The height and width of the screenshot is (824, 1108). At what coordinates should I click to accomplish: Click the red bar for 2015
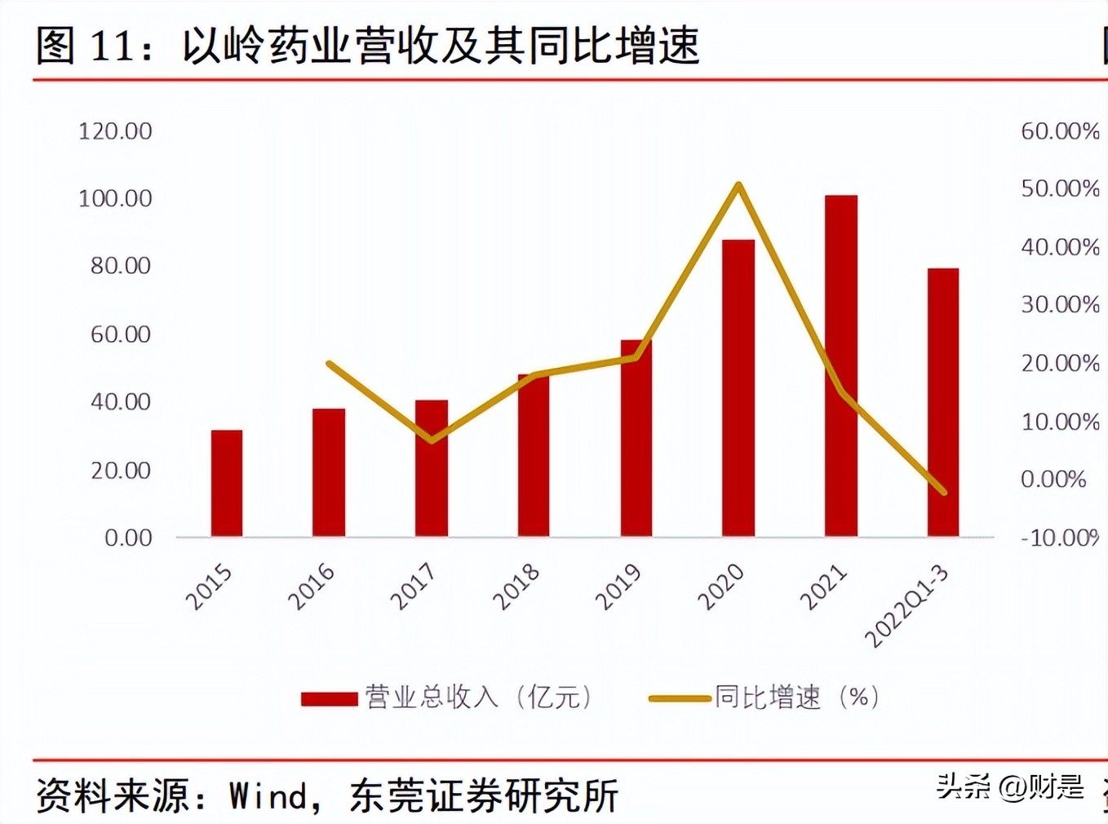point(227,483)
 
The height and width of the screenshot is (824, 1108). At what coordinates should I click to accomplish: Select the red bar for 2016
point(329,472)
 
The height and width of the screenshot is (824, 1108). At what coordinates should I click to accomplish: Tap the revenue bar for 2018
point(534,455)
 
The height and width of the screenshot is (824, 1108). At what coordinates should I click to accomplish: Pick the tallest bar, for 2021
point(840,365)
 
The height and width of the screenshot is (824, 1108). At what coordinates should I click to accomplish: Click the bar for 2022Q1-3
point(943,402)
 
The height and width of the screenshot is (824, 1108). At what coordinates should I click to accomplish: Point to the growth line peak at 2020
point(738,185)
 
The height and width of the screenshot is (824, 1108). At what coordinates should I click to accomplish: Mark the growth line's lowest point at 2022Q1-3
point(943,492)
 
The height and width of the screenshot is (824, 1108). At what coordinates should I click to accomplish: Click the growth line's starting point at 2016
point(329,363)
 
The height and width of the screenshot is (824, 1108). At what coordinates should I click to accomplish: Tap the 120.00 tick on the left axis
point(115,131)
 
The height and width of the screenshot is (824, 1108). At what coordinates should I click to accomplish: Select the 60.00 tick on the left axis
point(121,334)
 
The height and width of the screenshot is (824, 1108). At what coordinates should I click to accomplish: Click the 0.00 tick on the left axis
point(128,538)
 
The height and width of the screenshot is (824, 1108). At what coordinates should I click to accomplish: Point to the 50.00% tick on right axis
point(1060,188)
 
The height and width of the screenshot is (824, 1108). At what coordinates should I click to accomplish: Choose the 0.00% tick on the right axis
point(1053,479)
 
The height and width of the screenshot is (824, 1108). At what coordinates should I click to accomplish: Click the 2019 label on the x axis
point(618,587)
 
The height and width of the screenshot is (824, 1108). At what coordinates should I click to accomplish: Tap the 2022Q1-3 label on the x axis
point(906,606)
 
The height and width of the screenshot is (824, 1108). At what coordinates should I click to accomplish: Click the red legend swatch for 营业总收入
point(329,698)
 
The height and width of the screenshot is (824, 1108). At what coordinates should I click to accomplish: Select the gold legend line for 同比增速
point(679,698)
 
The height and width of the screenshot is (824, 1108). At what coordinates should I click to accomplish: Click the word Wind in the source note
point(269,795)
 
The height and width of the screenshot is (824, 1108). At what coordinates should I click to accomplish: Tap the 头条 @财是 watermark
point(1009,786)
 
